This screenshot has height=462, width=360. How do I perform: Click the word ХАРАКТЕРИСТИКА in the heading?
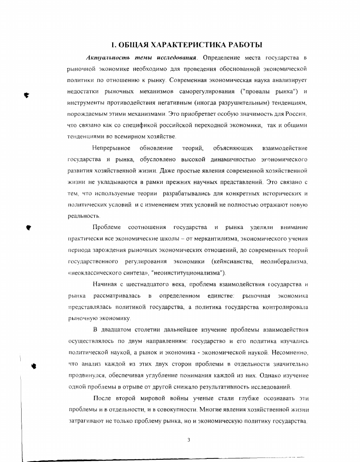181,46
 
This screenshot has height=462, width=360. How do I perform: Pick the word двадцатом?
118,330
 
